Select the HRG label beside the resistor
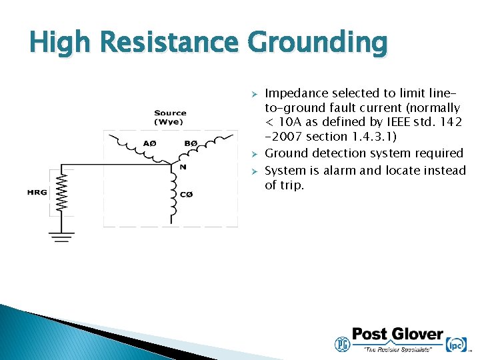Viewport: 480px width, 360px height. coord(37,193)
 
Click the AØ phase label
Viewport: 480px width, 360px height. coord(149,144)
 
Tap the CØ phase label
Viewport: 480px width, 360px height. coord(187,194)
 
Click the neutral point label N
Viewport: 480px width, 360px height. coord(182,167)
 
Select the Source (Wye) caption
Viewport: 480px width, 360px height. coord(170,117)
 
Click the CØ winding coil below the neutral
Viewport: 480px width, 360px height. coord(175,197)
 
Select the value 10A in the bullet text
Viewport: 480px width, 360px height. coord(291,122)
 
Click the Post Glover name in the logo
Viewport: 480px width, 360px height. coord(397,334)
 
